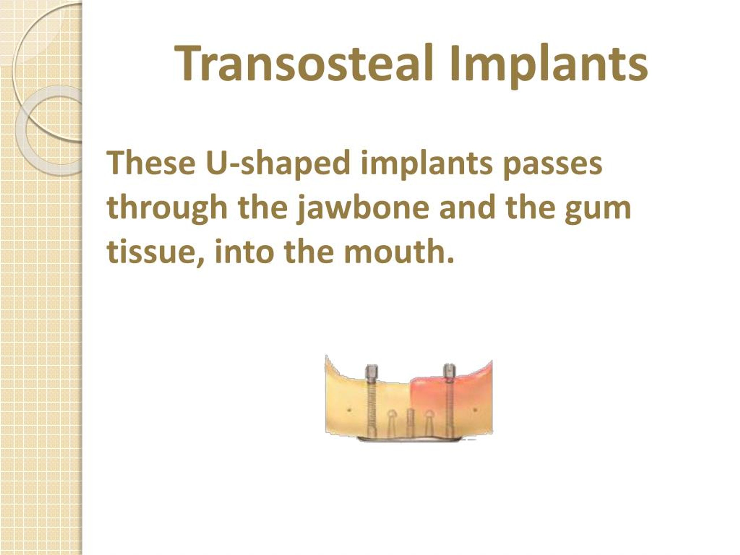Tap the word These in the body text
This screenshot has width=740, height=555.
[x=151, y=163]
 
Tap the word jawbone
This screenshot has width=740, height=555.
[x=363, y=208]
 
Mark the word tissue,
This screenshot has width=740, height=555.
[x=154, y=251]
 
